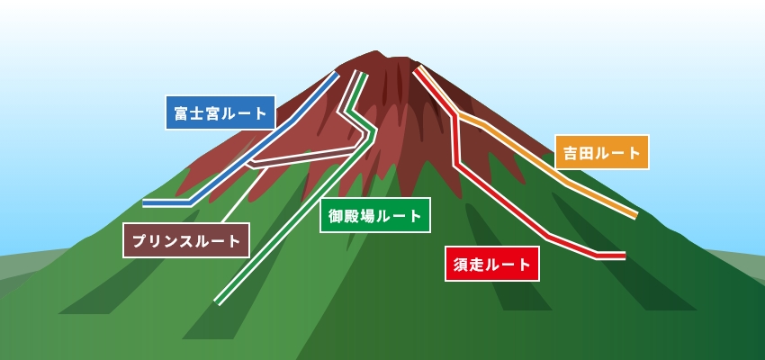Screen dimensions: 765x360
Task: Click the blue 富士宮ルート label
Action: coord(220,112)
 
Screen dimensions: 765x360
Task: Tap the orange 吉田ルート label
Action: coord(602,152)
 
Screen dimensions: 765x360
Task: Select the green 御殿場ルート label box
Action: coord(375,215)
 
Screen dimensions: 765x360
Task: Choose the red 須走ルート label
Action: coord(491,264)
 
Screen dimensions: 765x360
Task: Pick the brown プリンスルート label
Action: coord(186,240)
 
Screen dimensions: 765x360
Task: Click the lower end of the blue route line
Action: coord(144,202)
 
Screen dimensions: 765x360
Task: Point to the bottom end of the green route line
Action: coord(218,302)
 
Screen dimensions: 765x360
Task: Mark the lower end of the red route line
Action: coord(624,256)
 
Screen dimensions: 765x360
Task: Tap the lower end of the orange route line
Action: coord(635,215)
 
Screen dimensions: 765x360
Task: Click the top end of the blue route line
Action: coord(337,74)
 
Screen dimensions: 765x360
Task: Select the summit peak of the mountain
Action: coord(375,51)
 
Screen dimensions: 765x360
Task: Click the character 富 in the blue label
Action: coord(182,113)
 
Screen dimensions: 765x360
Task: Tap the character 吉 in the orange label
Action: coord(571,153)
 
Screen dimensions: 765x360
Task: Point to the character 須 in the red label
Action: coord(461,265)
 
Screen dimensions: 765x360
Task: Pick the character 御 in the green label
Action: coord(336,216)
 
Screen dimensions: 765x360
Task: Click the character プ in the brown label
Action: coord(139,241)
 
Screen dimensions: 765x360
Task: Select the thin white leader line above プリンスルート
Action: coord(242,195)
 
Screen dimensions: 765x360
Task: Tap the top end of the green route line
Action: coord(361,73)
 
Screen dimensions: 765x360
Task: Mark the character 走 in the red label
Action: coord(477,265)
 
